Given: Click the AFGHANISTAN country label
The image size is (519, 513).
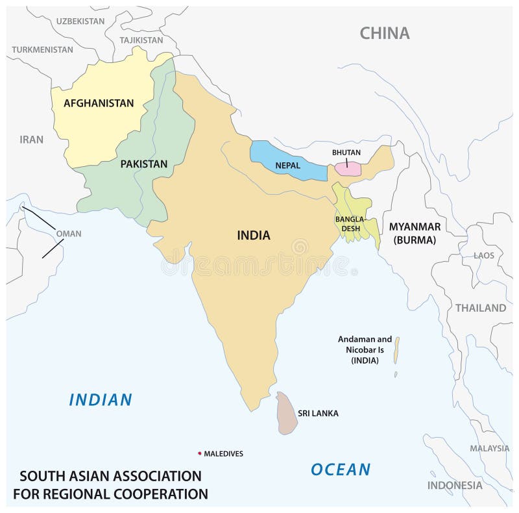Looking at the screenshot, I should coord(99,103).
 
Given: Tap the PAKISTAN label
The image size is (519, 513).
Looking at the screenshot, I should coord(143,164).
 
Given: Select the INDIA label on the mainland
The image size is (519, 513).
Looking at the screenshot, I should coord(253,236).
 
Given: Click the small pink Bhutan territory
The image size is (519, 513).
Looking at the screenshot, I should coord(348,168).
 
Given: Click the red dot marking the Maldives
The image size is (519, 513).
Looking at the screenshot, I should coord(199,453).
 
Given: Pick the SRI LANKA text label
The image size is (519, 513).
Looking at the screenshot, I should coord(318,413).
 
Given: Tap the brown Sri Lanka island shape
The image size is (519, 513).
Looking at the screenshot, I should coord(286,414).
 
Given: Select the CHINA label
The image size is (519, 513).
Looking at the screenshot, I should coord(385,33).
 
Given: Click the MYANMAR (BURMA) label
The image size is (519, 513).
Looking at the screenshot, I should coord(415,232).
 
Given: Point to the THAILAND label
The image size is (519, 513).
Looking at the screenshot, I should coord(480,308).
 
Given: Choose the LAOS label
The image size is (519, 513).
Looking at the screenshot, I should coord(483,255).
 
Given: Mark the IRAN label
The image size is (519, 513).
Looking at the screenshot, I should coord(31,139).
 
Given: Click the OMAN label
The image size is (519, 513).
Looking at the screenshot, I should coord(69,234).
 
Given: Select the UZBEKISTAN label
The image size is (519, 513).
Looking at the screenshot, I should coord(80,21).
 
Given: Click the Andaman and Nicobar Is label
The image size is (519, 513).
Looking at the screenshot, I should coord(365,349).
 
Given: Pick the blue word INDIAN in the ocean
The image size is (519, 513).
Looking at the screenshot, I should coord(101,399).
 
